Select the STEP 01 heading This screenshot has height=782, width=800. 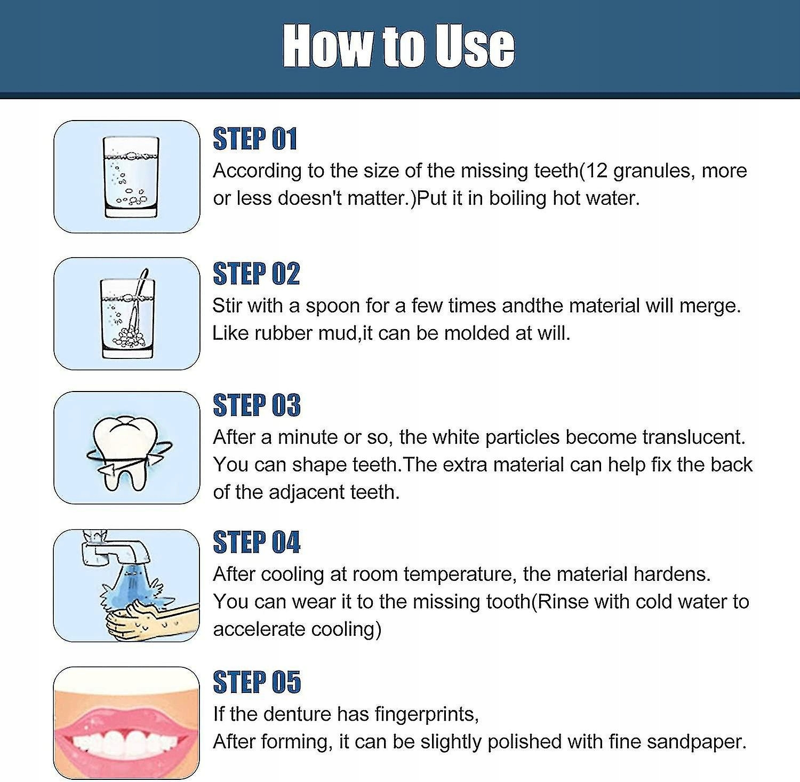tap(255, 139)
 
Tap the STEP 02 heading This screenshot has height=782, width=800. tap(256, 274)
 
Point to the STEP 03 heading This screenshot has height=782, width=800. tap(257, 405)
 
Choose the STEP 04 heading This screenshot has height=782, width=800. tap(257, 542)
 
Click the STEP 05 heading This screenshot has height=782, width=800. tap(257, 682)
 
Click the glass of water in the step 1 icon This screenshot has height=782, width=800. tap(131, 177)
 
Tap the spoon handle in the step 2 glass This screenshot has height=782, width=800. tap(141, 286)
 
